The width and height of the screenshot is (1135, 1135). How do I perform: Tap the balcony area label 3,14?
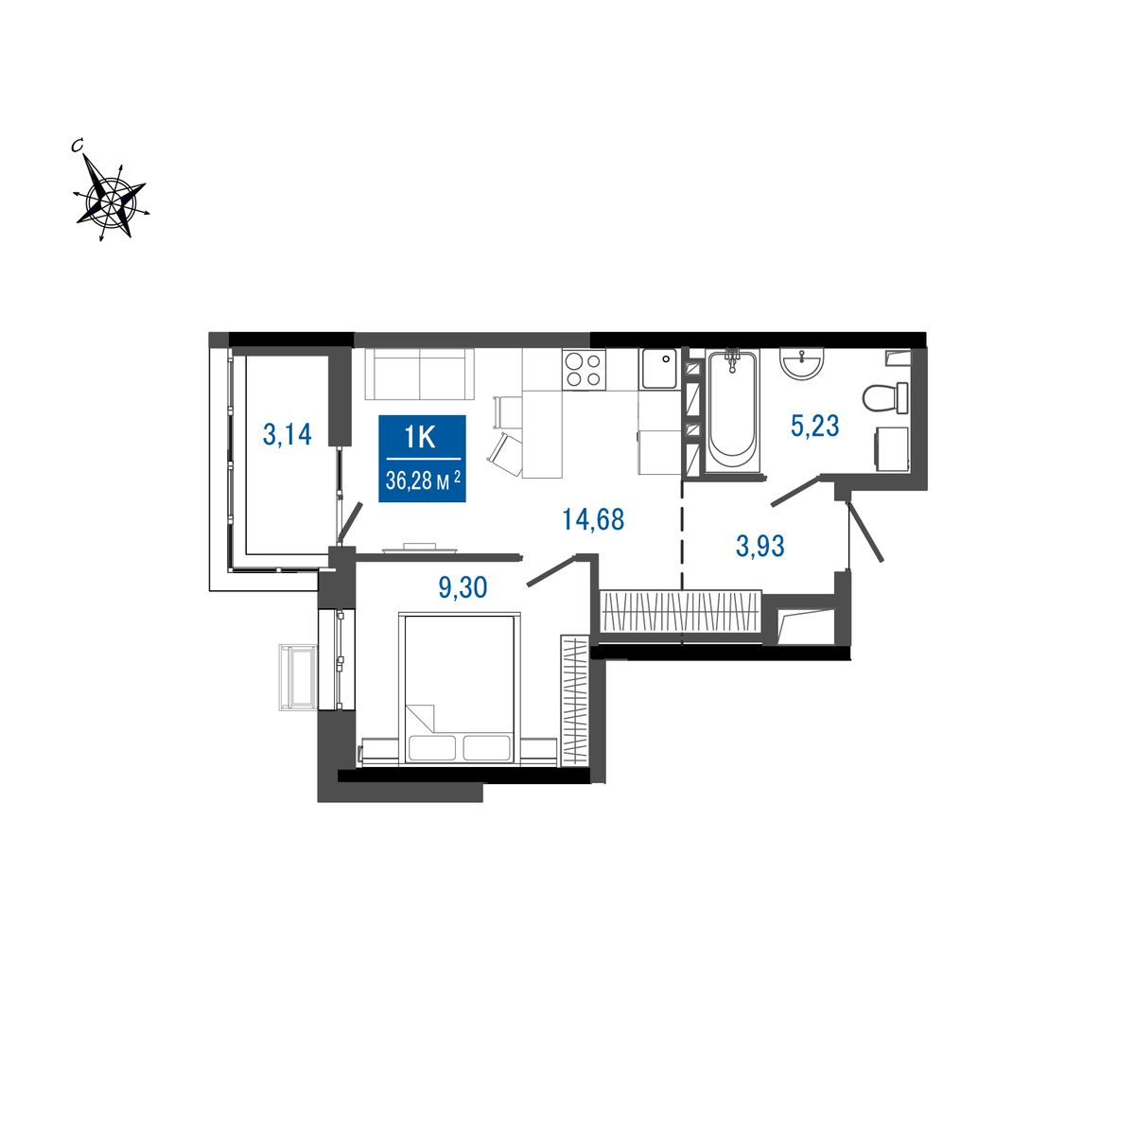[x=287, y=435]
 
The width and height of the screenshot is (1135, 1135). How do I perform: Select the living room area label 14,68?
[x=593, y=519]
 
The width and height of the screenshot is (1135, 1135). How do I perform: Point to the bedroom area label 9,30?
[x=463, y=587]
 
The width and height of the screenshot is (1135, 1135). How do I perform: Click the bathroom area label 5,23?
[x=814, y=425]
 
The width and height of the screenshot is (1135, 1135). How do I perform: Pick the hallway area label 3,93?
[x=760, y=546]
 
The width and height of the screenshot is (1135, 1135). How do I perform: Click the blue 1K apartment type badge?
[x=422, y=458]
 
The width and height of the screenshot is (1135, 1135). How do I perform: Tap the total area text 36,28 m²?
[x=423, y=480]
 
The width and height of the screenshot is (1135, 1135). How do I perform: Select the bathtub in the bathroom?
[x=732, y=410]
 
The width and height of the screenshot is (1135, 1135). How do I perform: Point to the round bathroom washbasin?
[x=802, y=364]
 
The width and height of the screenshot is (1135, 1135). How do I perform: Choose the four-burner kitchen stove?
[x=584, y=369]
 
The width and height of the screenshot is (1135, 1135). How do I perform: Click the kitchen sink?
[x=659, y=369]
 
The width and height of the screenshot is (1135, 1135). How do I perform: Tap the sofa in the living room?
[x=419, y=374]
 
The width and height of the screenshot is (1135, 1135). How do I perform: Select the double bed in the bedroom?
[x=460, y=690]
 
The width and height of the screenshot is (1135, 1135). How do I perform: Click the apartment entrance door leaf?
[x=865, y=531]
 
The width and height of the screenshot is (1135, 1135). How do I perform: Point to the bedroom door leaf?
[x=551, y=570]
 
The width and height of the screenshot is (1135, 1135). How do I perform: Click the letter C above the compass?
[x=76, y=146]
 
